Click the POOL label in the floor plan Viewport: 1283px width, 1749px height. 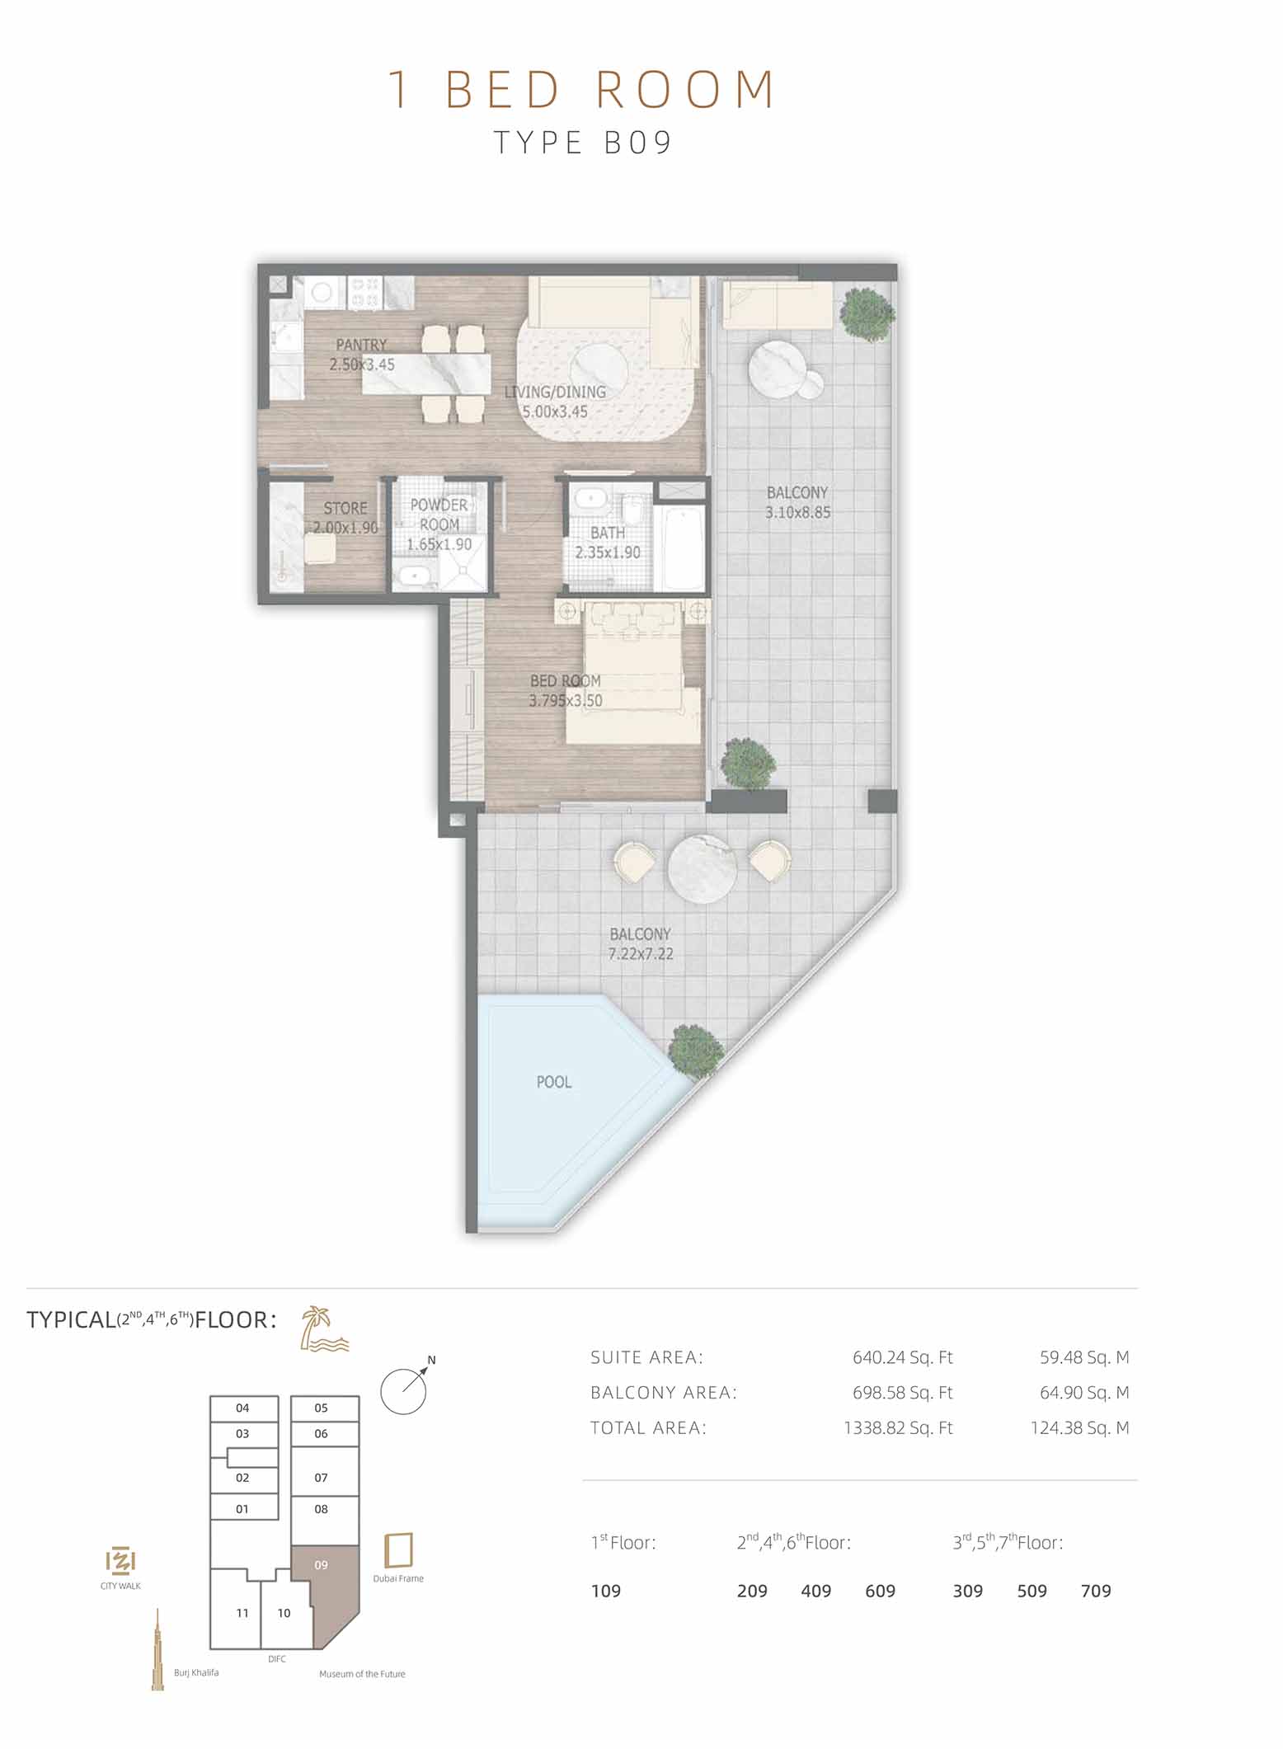click(553, 1082)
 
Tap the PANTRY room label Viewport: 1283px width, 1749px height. click(361, 345)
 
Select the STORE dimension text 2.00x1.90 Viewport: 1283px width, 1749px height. click(345, 528)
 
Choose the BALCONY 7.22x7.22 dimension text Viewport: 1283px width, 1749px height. click(641, 954)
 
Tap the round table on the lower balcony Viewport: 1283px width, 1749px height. click(702, 869)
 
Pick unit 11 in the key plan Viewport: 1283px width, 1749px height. click(242, 1613)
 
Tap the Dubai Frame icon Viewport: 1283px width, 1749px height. click(399, 1549)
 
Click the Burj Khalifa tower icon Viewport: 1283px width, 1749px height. click(157, 1649)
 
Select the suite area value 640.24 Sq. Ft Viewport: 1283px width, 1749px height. click(902, 1356)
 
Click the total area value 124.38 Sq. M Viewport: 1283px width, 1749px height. click(1079, 1427)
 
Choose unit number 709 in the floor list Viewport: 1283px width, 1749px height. click(1096, 1591)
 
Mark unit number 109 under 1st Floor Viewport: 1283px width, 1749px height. click(606, 1591)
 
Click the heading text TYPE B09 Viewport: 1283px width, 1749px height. click(584, 143)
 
